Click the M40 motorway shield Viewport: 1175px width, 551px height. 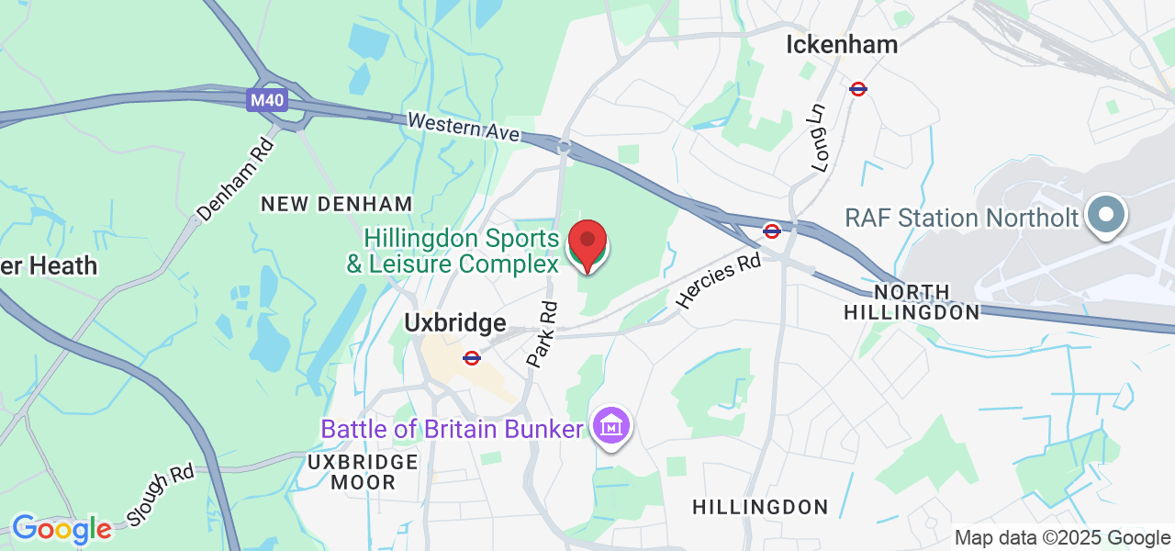pyautogui.click(x=266, y=99)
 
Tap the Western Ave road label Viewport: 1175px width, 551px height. pyautogui.click(x=463, y=127)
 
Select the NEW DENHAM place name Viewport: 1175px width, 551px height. pyautogui.click(x=337, y=204)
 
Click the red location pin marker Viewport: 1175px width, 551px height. pyautogui.click(x=587, y=245)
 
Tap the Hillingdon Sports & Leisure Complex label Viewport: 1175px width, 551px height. pyautogui.click(x=461, y=252)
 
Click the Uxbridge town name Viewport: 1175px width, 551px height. pyautogui.click(x=455, y=323)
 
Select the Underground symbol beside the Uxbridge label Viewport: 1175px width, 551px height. pyautogui.click(x=472, y=358)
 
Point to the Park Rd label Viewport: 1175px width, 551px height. pyautogui.click(x=543, y=335)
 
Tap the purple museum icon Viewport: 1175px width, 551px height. pyautogui.click(x=610, y=427)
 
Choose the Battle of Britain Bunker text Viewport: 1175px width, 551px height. pyautogui.click(x=452, y=429)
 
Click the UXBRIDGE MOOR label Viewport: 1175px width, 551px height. pyautogui.click(x=364, y=472)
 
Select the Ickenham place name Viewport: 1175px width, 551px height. pyautogui.click(x=843, y=44)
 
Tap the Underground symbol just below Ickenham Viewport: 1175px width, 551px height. pyautogui.click(x=858, y=89)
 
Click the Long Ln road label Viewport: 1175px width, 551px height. pyautogui.click(x=819, y=137)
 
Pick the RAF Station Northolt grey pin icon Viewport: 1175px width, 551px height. pyautogui.click(x=1105, y=216)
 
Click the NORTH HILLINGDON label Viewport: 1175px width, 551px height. pyautogui.click(x=912, y=303)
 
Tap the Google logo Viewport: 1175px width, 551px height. pyautogui.click(x=62, y=530)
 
